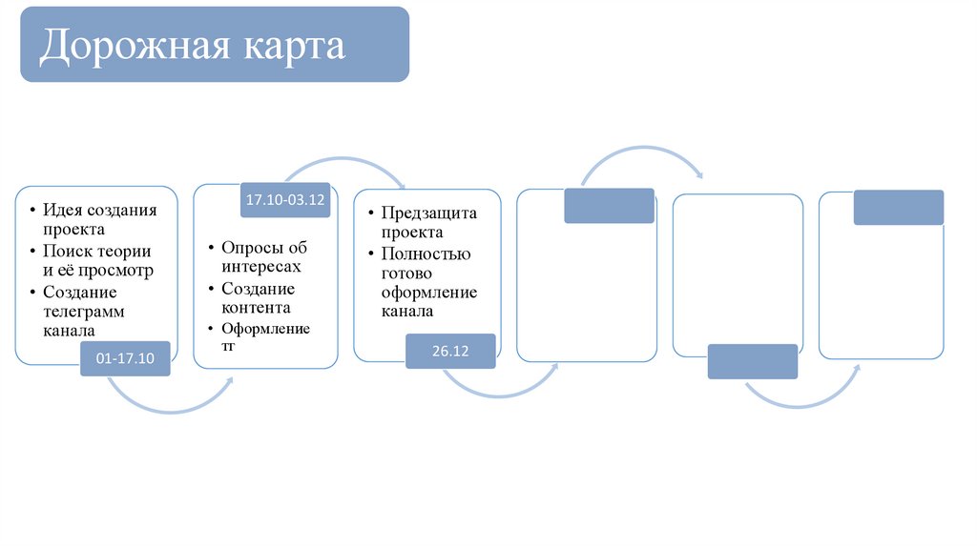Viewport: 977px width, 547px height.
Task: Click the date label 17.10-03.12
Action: click(285, 200)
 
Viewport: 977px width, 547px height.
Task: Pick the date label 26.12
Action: click(450, 351)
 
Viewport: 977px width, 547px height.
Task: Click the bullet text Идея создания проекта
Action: click(99, 219)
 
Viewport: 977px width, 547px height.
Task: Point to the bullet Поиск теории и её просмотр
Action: click(97, 260)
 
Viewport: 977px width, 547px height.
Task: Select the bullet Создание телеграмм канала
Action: click(84, 311)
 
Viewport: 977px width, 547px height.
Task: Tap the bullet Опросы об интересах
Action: click(264, 257)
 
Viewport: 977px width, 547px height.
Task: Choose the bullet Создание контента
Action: click(258, 297)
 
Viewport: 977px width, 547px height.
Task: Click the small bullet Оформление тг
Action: click(265, 337)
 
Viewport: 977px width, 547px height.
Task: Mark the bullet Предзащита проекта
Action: click(428, 222)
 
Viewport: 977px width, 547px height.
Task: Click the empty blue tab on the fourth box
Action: click(609, 206)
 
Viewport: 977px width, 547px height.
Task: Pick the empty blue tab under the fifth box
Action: click(752, 361)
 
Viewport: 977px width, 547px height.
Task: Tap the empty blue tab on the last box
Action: click(898, 208)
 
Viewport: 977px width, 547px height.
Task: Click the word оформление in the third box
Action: click(429, 293)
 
